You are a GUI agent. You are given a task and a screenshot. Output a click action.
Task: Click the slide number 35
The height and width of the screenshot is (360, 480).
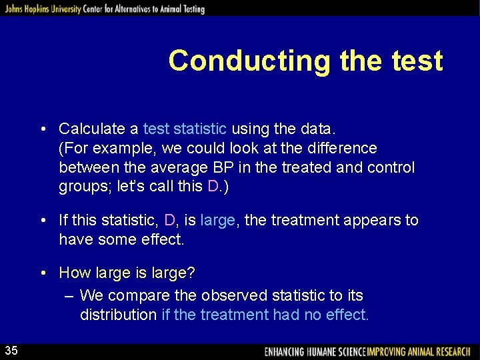click(x=13, y=351)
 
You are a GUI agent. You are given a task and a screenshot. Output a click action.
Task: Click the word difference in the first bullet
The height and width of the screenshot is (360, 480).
click(x=341, y=147)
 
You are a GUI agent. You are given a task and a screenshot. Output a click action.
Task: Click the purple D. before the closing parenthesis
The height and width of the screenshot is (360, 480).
click(x=214, y=187)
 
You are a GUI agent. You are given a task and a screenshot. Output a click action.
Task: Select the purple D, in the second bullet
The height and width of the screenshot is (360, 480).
click(x=170, y=220)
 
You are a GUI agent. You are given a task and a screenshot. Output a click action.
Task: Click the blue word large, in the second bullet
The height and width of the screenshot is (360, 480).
click(x=218, y=220)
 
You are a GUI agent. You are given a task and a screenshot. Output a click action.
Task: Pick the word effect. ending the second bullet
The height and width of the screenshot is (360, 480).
click(x=162, y=239)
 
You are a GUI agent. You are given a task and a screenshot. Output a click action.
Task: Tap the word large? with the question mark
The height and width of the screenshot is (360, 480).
click(x=173, y=273)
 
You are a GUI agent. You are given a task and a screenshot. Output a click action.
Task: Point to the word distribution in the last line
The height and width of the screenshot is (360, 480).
click(x=119, y=315)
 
